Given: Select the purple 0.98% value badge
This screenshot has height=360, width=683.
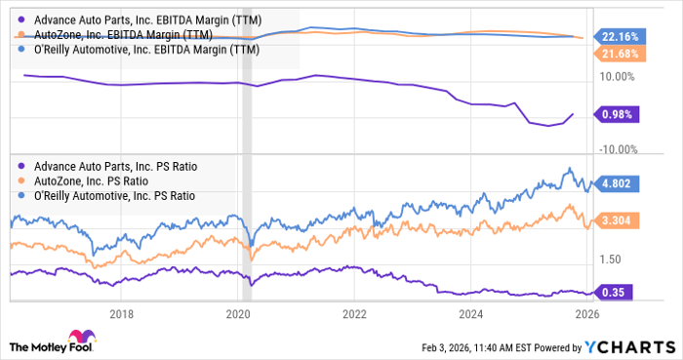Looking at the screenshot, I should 615,114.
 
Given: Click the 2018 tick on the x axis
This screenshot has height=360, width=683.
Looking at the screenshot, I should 121,313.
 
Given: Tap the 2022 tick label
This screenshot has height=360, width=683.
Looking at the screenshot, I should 354,313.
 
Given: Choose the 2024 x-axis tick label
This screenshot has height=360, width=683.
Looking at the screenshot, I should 471,313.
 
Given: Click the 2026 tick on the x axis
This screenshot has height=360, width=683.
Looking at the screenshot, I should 587,313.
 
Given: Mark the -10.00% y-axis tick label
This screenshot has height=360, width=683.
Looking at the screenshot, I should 616,149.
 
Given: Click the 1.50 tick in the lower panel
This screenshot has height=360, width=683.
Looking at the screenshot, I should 611,259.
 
